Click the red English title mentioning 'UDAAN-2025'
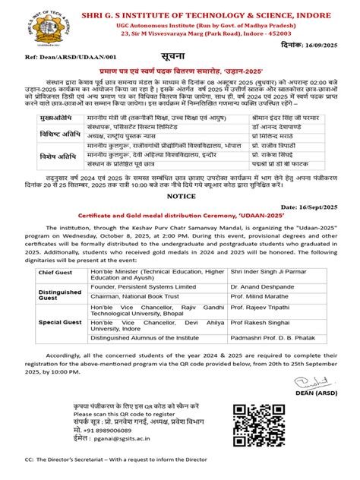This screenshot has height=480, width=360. click(179, 237)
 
